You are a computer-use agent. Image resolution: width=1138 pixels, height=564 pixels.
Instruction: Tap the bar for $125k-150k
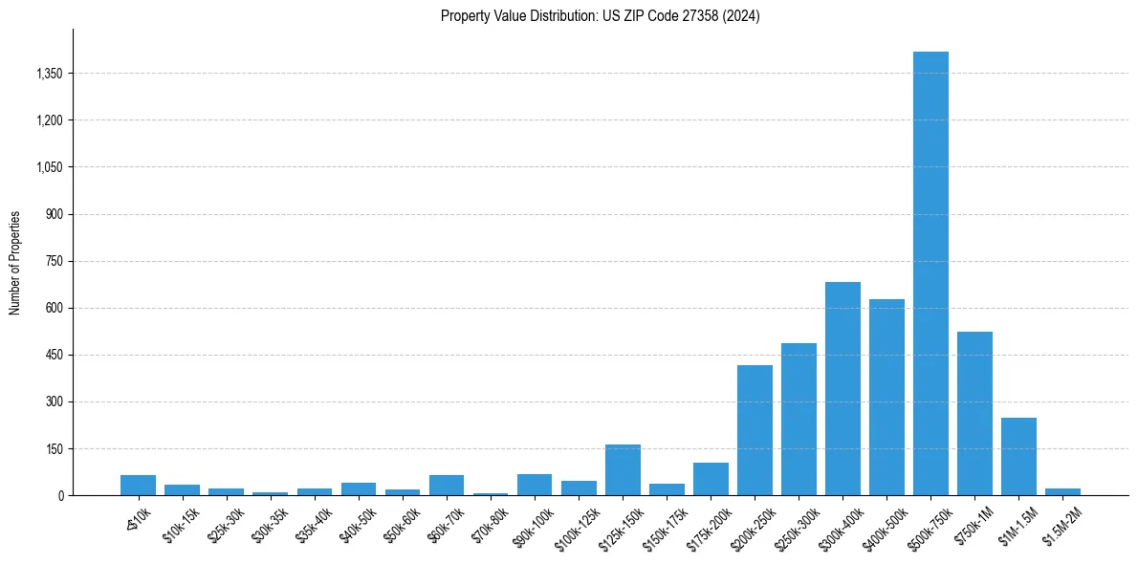point(623,470)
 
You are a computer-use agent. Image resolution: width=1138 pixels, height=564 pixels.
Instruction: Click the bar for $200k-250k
point(755,430)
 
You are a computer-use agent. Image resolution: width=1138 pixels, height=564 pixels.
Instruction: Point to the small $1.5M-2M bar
point(1062,491)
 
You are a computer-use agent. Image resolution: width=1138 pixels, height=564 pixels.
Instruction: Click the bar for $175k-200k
point(711,479)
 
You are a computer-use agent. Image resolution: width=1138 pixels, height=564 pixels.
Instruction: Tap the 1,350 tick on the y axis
point(48,74)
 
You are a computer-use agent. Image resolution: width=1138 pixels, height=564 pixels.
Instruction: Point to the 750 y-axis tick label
point(54,261)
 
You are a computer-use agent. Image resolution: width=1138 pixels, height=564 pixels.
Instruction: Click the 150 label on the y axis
point(54,448)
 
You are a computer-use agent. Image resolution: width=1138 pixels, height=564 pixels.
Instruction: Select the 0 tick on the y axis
point(59,495)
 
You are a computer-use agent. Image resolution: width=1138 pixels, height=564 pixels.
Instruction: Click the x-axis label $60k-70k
point(447,525)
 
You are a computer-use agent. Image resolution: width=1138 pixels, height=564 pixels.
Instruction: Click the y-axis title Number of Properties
point(15,262)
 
